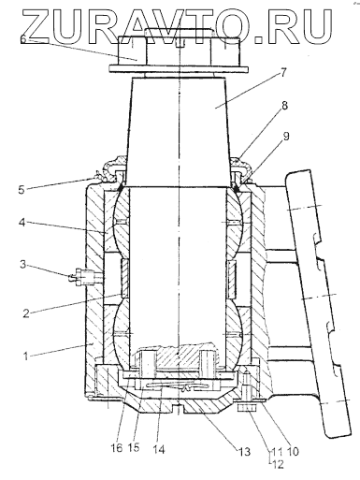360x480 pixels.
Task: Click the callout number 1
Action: [26, 356]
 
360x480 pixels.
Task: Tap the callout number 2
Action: [26, 313]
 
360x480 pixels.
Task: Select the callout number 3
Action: [23, 265]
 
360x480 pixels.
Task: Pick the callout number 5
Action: [22, 189]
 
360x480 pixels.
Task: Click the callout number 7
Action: [282, 72]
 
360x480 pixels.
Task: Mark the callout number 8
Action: [284, 106]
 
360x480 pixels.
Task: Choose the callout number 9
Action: [286, 136]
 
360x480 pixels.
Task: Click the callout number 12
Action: [278, 464]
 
